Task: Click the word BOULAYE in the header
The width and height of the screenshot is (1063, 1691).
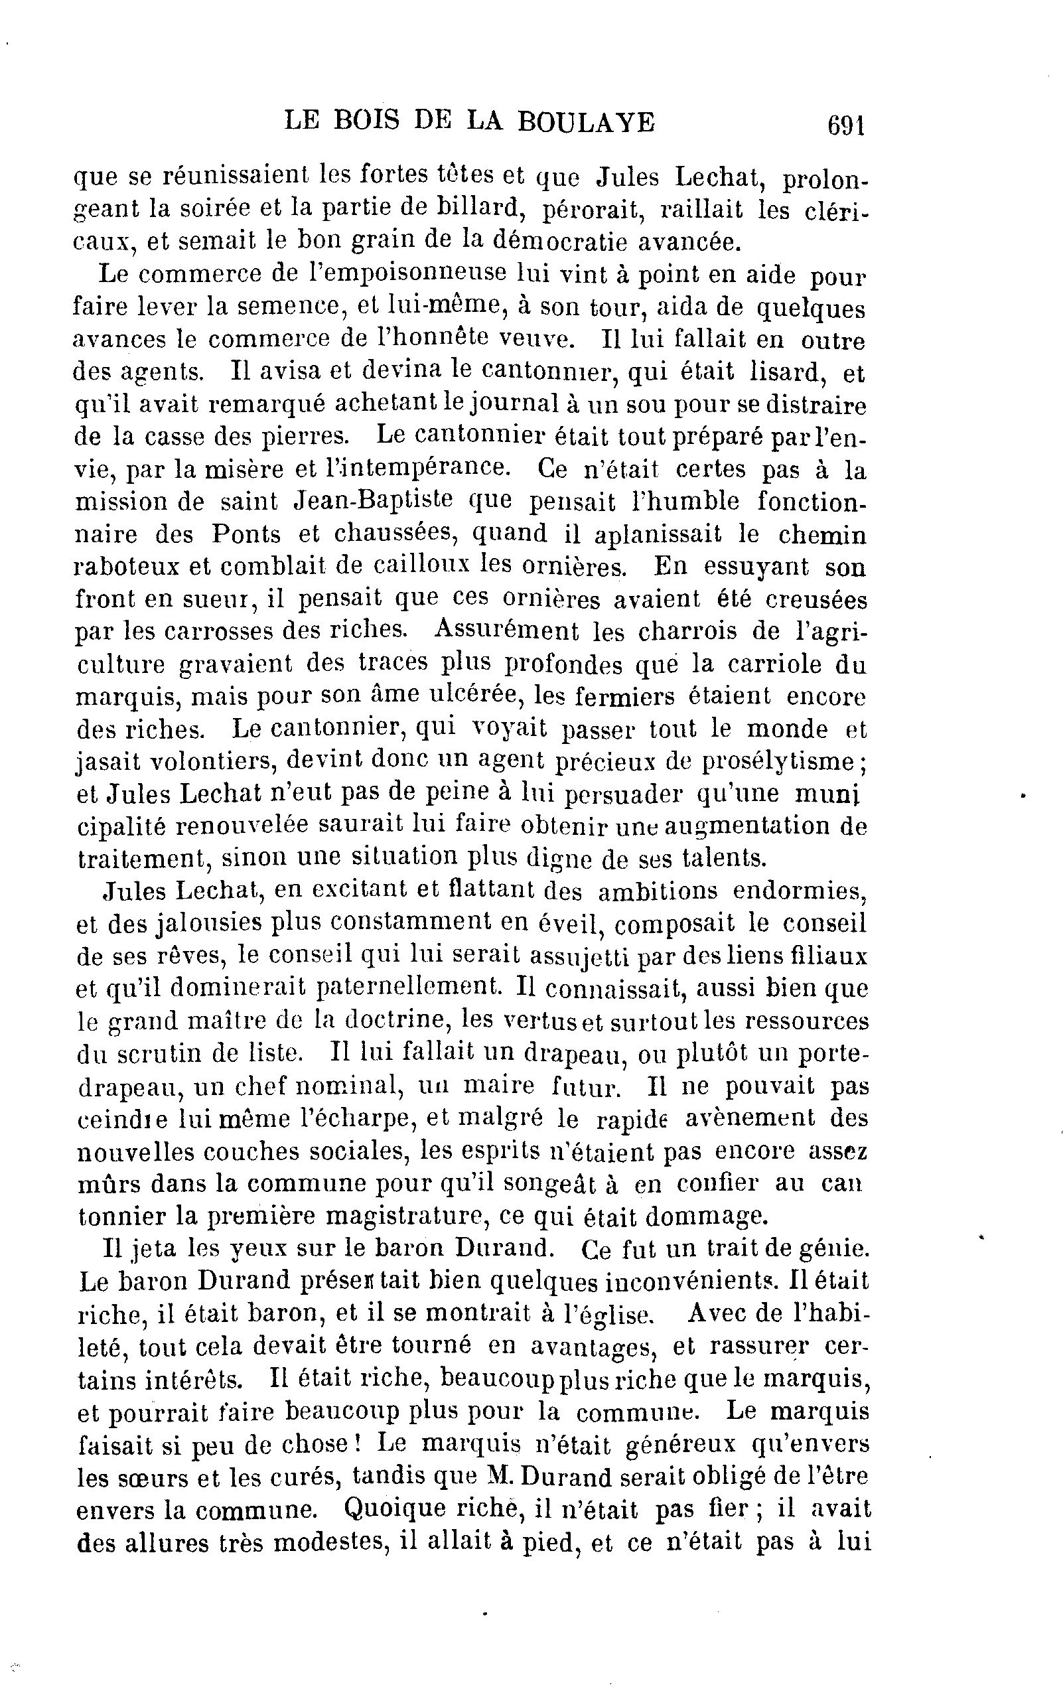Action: point(585,122)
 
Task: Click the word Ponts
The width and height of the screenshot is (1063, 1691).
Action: point(246,534)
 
